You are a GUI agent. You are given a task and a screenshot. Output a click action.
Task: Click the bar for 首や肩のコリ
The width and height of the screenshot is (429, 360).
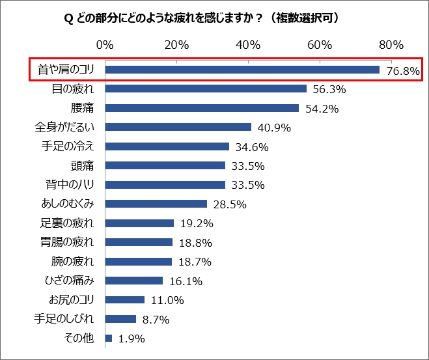pyautogui.click(x=242, y=70)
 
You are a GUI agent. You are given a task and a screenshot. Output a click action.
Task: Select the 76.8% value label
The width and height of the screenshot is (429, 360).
pyautogui.click(x=403, y=71)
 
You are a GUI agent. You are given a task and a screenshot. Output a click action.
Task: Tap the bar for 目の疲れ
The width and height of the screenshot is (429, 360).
pyautogui.click(x=205, y=89)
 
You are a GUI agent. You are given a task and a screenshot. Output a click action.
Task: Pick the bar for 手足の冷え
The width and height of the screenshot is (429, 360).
pyautogui.click(x=167, y=146)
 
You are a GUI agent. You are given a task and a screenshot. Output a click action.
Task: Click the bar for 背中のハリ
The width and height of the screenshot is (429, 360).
pyautogui.click(x=165, y=185)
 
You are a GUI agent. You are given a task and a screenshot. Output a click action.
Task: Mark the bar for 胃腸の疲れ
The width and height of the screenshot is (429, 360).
pyautogui.click(x=139, y=242)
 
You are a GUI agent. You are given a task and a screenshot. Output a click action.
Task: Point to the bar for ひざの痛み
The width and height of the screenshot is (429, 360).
pyautogui.click(x=133, y=281)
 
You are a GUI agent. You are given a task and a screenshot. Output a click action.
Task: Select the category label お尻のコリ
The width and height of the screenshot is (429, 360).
pyautogui.click(x=72, y=300)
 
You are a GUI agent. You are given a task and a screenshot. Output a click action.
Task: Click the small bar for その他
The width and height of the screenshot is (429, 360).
pyautogui.click(x=108, y=339)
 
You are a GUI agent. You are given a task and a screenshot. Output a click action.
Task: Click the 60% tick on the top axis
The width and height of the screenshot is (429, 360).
pyautogui.click(x=320, y=45)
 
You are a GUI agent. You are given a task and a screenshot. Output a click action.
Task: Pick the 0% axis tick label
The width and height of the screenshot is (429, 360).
pyautogui.click(x=104, y=45)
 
